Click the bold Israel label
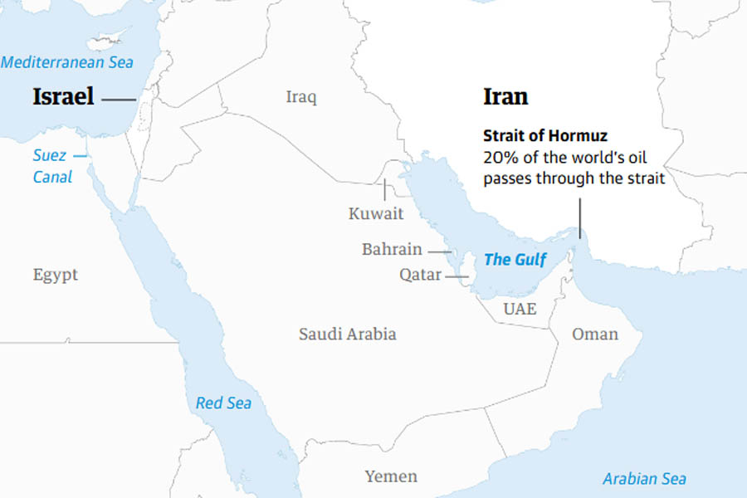(63, 97)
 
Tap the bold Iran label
(505, 96)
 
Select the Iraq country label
(301, 97)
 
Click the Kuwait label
(376, 213)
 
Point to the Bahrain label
(392, 249)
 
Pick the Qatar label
(420, 275)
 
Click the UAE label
(520, 310)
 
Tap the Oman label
(595, 334)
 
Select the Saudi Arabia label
(348, 334)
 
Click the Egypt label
(56, 275)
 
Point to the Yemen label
(391, 476)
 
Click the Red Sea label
(223, 403)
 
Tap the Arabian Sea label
(644, 479)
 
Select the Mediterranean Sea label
(67, 62)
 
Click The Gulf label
(515, 260)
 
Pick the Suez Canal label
(52, 166)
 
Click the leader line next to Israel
(120, 100)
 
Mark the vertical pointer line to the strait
(580, 216)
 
